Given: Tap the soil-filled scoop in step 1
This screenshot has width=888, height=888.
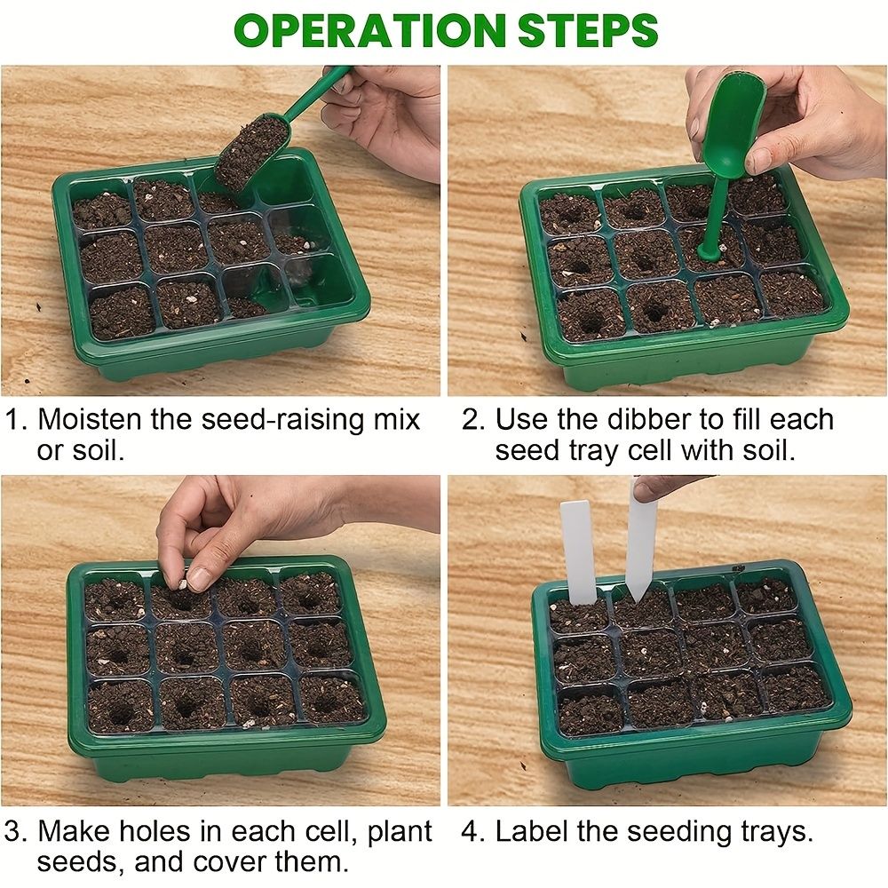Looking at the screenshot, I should [x=252, y=151].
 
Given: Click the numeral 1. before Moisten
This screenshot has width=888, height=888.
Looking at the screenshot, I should [x=17, y=419].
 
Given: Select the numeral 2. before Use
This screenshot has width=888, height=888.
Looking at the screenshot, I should [x=473, y=419].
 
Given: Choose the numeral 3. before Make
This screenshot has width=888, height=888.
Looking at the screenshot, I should [x=17, y=832].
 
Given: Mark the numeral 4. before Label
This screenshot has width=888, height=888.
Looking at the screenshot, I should [x=473, y=832].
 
